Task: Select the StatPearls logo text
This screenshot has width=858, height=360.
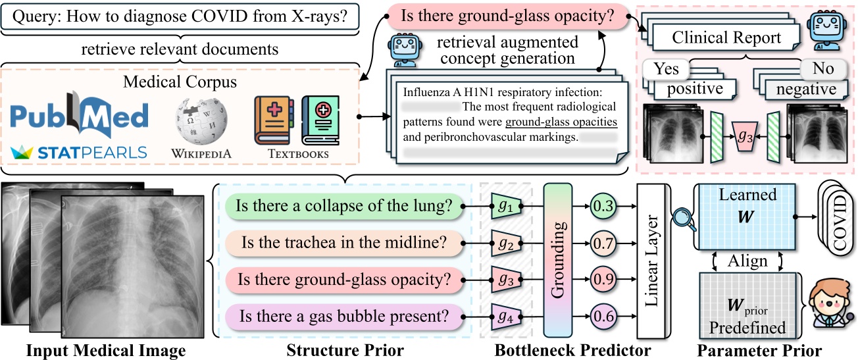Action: click(x=80, y=153)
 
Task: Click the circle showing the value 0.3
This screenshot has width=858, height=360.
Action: click(x=604, y=207)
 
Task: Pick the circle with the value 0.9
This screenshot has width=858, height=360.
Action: click(x=604, y=280)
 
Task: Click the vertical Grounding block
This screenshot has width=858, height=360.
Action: click(x=559, y=261)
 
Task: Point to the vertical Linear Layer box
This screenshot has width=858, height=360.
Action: click(x=653, y=261)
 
